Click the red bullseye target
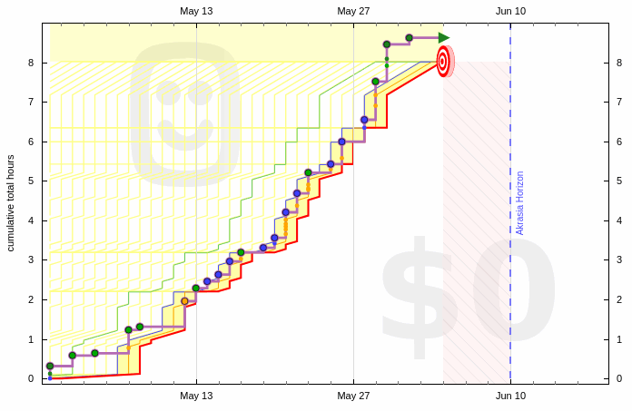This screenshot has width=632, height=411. (x=443, y=61)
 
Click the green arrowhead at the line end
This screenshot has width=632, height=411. (x=443, y=38)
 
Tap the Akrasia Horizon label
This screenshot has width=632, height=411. (x=520, y=202)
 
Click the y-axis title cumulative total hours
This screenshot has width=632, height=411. (x=11, y=201)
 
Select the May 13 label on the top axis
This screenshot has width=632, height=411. (x=196, y=11)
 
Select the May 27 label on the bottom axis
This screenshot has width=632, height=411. (x=353, y=396)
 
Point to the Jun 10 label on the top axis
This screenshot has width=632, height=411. (x=510, y=11)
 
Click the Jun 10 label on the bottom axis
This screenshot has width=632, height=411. (x=510, y=396)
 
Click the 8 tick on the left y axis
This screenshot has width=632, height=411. (x=31, y=63)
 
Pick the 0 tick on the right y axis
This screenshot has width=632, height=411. (x=619, y=378)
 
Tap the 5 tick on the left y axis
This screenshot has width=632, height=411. (x=31, y=181)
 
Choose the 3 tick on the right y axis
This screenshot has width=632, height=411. (x=619, y=260)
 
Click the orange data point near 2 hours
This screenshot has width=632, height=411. (x=185, y=301)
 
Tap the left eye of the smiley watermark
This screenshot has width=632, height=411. (x=169, y=92)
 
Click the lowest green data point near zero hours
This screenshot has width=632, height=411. (x=50, y=366)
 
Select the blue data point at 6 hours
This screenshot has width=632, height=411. (x=341, y=142)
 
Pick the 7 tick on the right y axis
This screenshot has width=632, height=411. (x=619, y=102)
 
